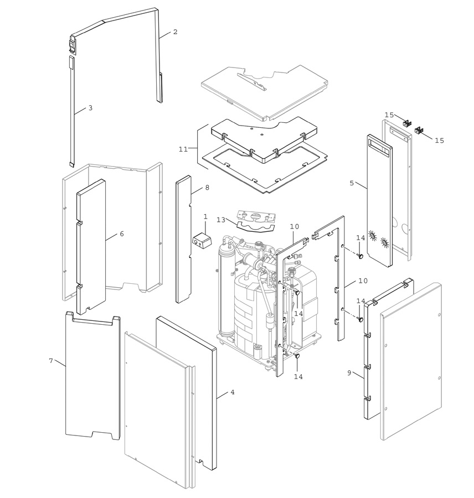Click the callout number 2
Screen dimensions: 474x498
click(x=175, y=32)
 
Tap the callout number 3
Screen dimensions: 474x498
click(x=90, y=108)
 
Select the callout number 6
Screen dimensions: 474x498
click(x=122, y=234)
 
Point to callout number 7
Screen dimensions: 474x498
click(x=51, y=361)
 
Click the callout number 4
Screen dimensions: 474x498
click(x=233, y=392)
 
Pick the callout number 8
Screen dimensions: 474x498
click(x=207, y=188)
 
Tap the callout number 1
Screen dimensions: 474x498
click(x=205, y=216)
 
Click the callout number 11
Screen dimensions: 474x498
click(x=183, y=149)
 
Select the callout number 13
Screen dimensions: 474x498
click(x=221, y=220)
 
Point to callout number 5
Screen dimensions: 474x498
click(x=352, y=183)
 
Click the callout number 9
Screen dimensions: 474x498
click(x=349, y=373)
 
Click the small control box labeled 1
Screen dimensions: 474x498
click(x=202, y=241)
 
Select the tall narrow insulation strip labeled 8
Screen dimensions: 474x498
click(x=183, y=239)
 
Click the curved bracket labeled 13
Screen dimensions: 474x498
click(x=255, y=228)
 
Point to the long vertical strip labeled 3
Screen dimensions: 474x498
click(x=71, y=111)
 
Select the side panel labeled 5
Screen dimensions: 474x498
click(x=379, y=200)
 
